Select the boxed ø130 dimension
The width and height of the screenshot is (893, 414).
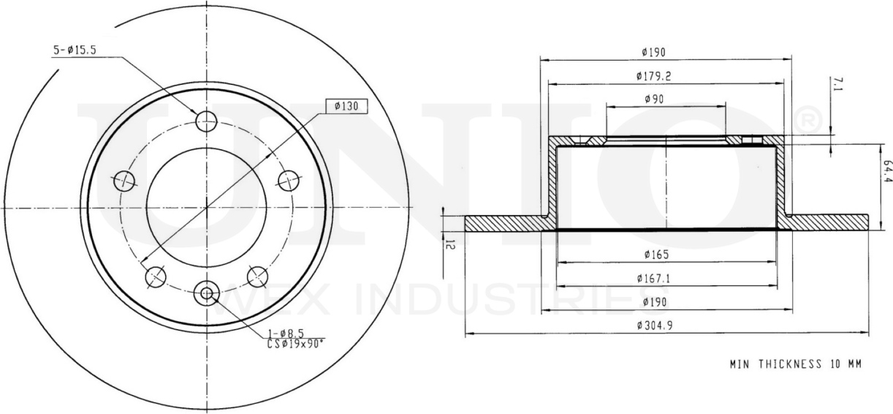click(346, 107)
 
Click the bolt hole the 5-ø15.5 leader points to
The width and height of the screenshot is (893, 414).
click(207, 121)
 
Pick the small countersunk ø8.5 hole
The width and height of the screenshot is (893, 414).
click(207, 294)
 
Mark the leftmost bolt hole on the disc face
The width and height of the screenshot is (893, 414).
click(125, 178)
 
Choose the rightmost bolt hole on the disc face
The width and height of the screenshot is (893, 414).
click(289, 178)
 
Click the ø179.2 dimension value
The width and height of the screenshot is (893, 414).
click(654, 75)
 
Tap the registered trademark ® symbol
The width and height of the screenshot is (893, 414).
click(807, 118)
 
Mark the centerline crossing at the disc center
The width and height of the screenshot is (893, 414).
click(207, 208)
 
